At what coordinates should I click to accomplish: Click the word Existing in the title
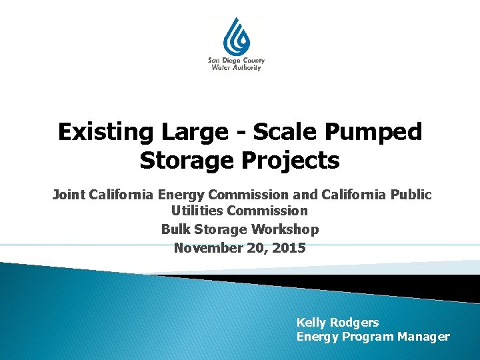[x=105, y=132]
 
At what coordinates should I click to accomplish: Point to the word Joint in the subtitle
[x=69, y=195]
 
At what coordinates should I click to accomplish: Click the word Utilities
[x=197, y=211]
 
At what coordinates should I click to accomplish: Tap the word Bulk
[x=175, y=229]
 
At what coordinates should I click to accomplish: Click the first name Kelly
[x=311, y=323]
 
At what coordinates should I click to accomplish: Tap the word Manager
[x=423, y=337]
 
